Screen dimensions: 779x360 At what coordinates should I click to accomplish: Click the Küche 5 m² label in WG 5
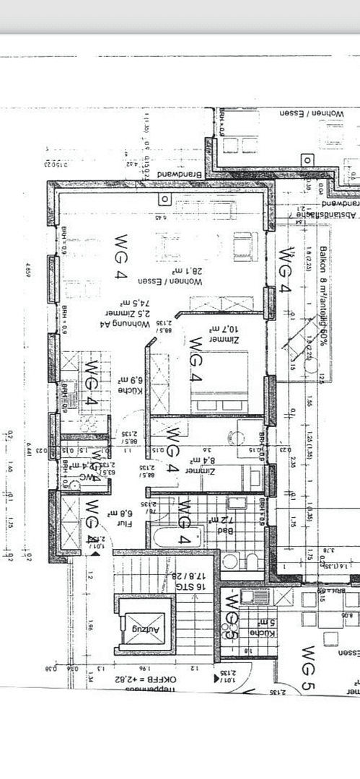[x=262, y=628]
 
